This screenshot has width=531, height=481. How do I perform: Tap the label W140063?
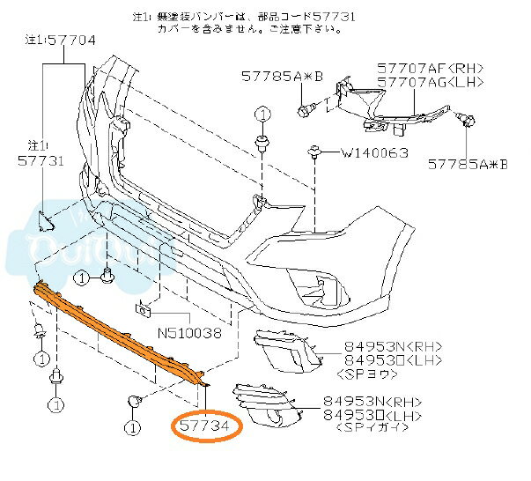pos(374,152)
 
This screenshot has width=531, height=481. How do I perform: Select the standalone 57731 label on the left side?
pos(41,161)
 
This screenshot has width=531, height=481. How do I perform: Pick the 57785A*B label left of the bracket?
pos(281,77)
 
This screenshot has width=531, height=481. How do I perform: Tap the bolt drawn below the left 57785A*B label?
pos(307,110)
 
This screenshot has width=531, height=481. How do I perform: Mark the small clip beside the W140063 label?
pos(314,153)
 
